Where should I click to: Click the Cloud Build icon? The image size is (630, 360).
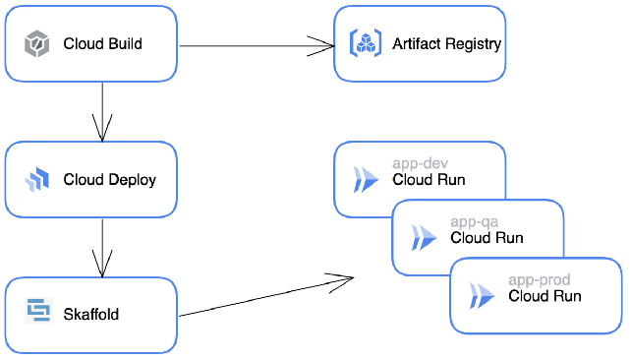pyautogui.click(x=37, y=44)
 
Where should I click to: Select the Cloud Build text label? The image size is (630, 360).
pyautogui.click(x=102, y=44)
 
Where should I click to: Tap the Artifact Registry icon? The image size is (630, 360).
pyautogui.click(x=366, y=43)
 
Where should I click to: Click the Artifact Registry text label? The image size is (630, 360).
pyautogui.click(x=446, y=44)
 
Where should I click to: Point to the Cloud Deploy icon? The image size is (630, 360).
pyautogui.click(x=37, y=180)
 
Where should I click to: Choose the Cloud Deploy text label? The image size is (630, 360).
pyautogui.click(x=109, y=180)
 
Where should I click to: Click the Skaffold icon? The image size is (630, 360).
pyautogui.click(x=37, y=314)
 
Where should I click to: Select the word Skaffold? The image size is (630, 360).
pyautogui.click(x=90, y=315)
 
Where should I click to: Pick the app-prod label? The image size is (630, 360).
pyautogui.click(x=539, y=280)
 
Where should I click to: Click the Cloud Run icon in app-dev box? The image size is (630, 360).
pyautogui.click(x=366, y=179)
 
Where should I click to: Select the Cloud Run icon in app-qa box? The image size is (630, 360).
pyautogui.click(x=424, y=237)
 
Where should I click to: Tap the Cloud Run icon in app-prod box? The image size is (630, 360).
pyautogui.click(x=482, y=295)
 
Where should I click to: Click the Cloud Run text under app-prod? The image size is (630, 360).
pyautogui.click(x=544, y=296)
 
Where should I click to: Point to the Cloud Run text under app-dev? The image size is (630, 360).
pyautogui.click(x=429, y=180)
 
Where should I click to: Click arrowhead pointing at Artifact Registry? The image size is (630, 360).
pyautogui.click(x=327, y=44)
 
